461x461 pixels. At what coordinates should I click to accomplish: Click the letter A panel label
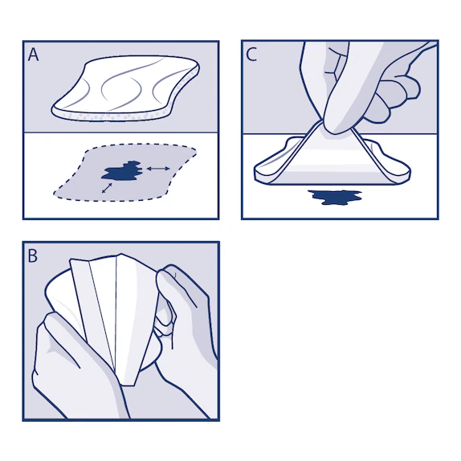point(34,55)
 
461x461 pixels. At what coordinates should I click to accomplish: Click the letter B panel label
point(33,256)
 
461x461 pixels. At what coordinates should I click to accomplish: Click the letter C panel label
point(252,55)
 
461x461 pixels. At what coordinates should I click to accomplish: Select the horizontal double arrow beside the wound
point(157,168)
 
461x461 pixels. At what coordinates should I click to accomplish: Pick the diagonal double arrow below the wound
point(108,188)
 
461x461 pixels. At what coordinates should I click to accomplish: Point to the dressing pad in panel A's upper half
point(129,88)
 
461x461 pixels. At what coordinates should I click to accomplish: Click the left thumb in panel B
point(60,329)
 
